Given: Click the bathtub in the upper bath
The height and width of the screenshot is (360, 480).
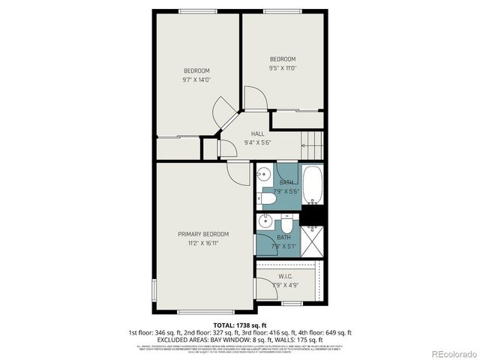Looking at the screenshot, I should coord(314,185).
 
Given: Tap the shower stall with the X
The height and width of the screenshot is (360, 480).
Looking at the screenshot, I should coord(314,240).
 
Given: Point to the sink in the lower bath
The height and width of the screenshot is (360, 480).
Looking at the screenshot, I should coord(264,221).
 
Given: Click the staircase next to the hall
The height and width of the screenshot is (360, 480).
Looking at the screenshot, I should coord(312,143).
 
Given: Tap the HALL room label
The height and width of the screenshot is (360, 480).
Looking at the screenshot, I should coord(258,133).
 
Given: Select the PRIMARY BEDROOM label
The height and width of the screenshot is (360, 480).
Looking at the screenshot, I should coord(203,234).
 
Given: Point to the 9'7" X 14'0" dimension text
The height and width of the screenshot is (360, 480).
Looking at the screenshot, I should coord(196,79).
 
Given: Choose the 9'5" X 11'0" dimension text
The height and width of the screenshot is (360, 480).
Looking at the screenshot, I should coord(283,68).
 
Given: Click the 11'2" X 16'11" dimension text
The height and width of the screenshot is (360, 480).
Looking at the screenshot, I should coord(203,243).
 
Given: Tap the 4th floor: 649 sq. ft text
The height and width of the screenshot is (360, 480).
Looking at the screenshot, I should coord(328,332).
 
